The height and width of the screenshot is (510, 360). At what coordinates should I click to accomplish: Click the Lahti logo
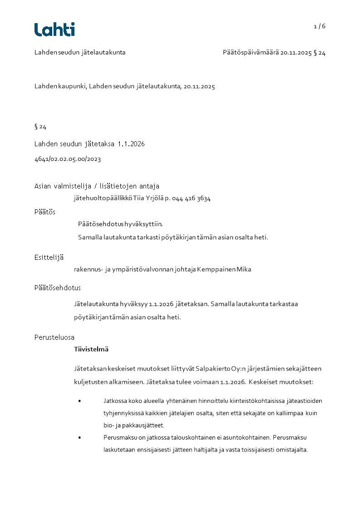click(x=54, y=30)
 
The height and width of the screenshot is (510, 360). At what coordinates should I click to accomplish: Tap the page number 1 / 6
click(x=320, y=26)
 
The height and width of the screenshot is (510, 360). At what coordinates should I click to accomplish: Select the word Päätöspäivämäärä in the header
click(x=251, y=53)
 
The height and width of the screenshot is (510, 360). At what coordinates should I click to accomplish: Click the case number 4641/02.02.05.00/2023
click(x=67, y=159)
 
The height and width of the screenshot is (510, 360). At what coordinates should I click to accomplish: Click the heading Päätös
click(x=45, y=212)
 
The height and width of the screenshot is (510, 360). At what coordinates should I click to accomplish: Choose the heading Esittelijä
click(x=49, y=257)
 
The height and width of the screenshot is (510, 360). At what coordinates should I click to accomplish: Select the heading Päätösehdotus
click(x=58, y=288)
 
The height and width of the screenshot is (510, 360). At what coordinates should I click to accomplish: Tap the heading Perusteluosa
click(x=54, y=337)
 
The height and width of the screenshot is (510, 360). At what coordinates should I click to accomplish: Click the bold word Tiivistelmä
click(x=91, y=350)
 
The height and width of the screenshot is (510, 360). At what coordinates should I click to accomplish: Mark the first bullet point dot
click(x=79, y=401)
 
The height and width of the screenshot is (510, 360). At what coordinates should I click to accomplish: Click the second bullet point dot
click(x=79, y=438)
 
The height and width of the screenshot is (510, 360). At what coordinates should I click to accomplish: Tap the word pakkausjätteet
click(x=144, y=426)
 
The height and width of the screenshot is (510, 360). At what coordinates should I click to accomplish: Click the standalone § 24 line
click(x=40, y=127)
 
